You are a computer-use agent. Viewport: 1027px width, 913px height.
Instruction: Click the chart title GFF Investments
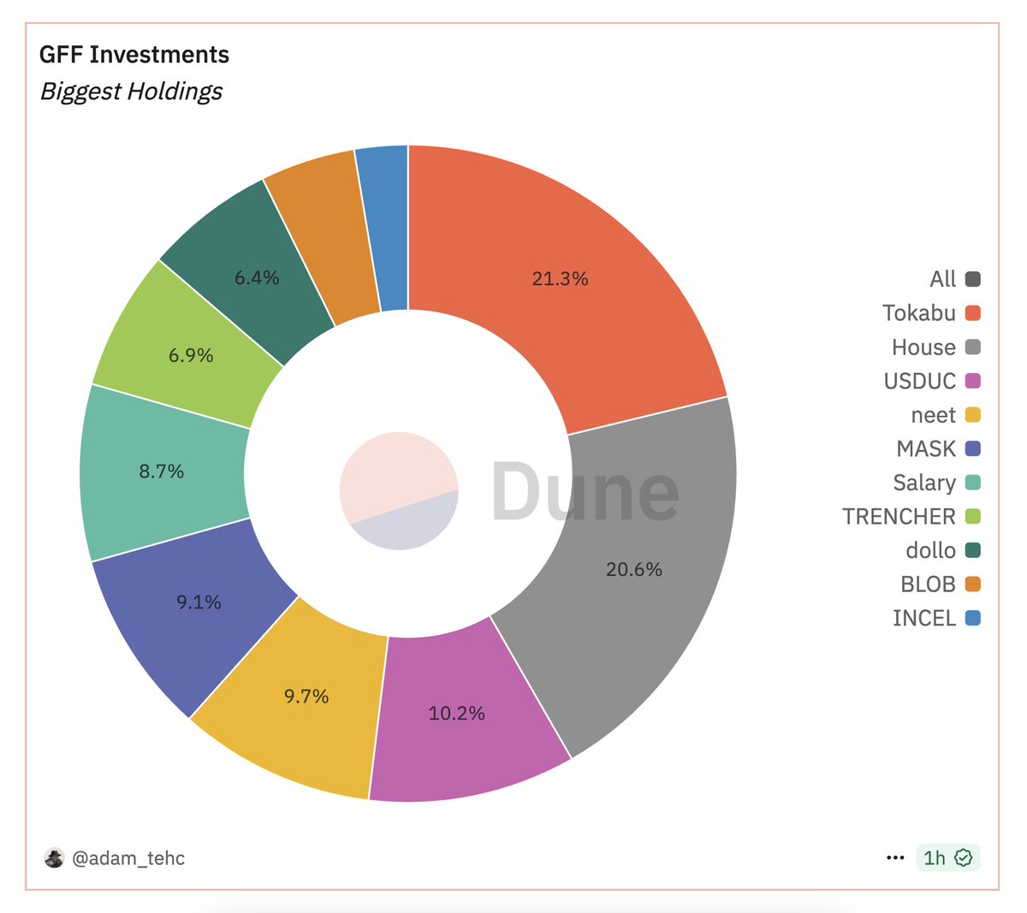(x=134, y=55)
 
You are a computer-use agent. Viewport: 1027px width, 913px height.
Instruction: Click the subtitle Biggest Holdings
(x=131, y=92)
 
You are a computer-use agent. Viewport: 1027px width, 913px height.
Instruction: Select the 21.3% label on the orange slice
(x=560, y=279)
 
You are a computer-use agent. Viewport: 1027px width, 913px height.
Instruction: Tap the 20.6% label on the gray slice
(x=633, y=570)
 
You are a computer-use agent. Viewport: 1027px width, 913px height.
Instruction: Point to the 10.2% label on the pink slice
(x=456, y=714)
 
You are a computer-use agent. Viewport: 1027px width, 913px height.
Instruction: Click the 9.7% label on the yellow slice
(x=306, y=697)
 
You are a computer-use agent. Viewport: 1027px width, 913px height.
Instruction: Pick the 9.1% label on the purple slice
(x=199, y=602)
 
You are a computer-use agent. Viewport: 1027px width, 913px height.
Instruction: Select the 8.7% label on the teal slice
(x=161, y=471)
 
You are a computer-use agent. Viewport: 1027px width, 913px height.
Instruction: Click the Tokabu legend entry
(x=919, y=313)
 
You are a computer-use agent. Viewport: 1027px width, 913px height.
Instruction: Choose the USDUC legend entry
(x=919, y=381)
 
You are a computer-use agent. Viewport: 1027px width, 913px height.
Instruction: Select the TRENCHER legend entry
(x=899, y=517)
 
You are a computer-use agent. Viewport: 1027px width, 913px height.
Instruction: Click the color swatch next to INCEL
(x=972, y=618)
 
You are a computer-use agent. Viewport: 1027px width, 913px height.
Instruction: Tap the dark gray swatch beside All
(x=972, y=279)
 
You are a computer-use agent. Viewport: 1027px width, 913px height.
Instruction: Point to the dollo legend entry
(x=930, y=550)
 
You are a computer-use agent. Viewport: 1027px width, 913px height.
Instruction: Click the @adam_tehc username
(x=128, y=858)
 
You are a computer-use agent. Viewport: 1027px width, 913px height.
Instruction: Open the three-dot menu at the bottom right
(x=895, y=857)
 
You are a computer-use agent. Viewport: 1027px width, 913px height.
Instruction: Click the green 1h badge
(x=947, y=857)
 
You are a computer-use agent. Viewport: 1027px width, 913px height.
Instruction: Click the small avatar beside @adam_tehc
(x=55, y=858)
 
